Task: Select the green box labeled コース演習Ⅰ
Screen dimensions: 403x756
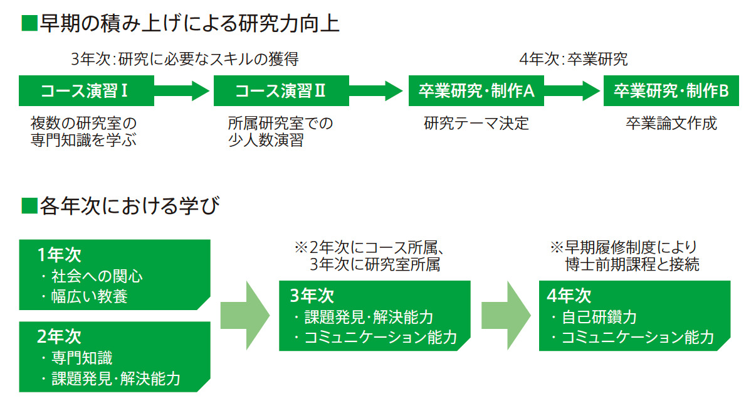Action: point(86,92)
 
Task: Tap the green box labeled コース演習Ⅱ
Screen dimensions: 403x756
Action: point(281,92)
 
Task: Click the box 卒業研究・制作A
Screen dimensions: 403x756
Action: point(476,92)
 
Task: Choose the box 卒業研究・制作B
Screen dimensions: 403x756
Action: point(671,92)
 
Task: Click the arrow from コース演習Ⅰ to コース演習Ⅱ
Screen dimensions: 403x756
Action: point(181,92)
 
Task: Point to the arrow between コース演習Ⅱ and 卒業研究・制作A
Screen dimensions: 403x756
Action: point(375,92)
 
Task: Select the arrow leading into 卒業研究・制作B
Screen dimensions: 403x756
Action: point(571,92)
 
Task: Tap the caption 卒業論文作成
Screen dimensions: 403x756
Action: point(671,123)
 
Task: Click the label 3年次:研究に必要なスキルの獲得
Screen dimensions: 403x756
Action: point(185,60)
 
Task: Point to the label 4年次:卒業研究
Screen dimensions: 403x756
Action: point(574,60)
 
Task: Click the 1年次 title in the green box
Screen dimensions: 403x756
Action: point(59,255)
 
